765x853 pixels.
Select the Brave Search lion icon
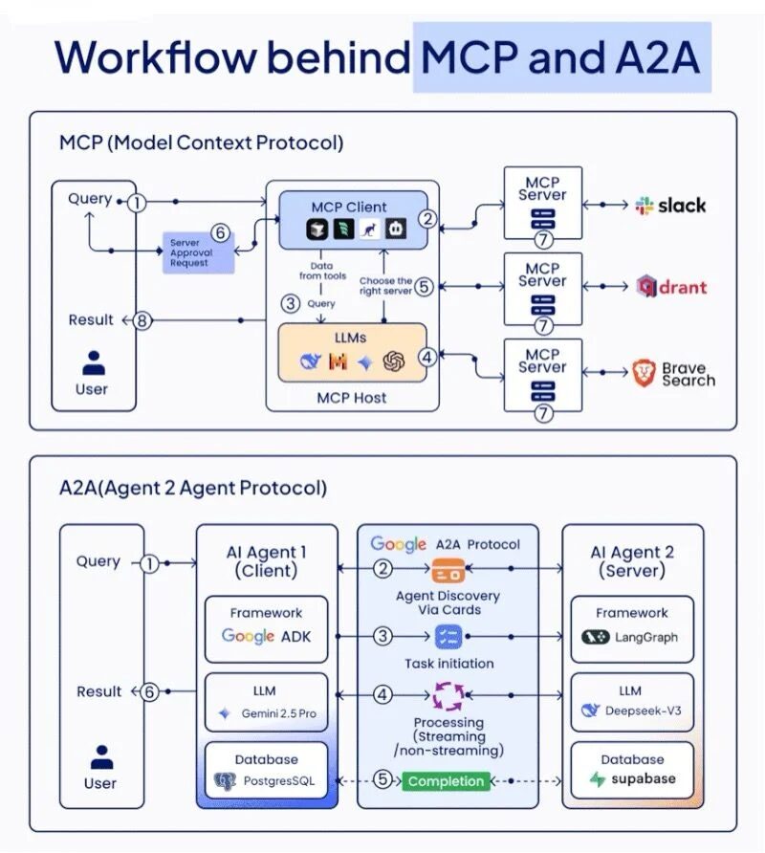click(644, 373)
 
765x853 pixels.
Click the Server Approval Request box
click(199, 252)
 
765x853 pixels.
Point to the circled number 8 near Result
click(142, 320)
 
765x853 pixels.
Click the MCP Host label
click(352, 398)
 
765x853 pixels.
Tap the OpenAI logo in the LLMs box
click(393, 361)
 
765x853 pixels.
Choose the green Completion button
click(446, 781)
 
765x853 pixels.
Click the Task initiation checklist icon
click(448, 637)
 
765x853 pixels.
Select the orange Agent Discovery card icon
click(448, 571)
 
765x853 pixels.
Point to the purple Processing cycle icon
click(448, 696)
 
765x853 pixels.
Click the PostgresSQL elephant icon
click(226, 781)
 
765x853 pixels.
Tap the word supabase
click(644, 778)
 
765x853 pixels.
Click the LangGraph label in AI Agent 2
click(646, 637)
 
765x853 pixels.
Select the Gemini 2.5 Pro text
click(278, 713)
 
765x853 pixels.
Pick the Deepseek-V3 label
click(644, 711)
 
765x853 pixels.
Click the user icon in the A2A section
click(101, 756)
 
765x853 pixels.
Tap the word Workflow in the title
click(156, 56)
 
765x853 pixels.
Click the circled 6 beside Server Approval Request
click(220, 232)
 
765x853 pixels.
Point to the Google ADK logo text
click(266, 636)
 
